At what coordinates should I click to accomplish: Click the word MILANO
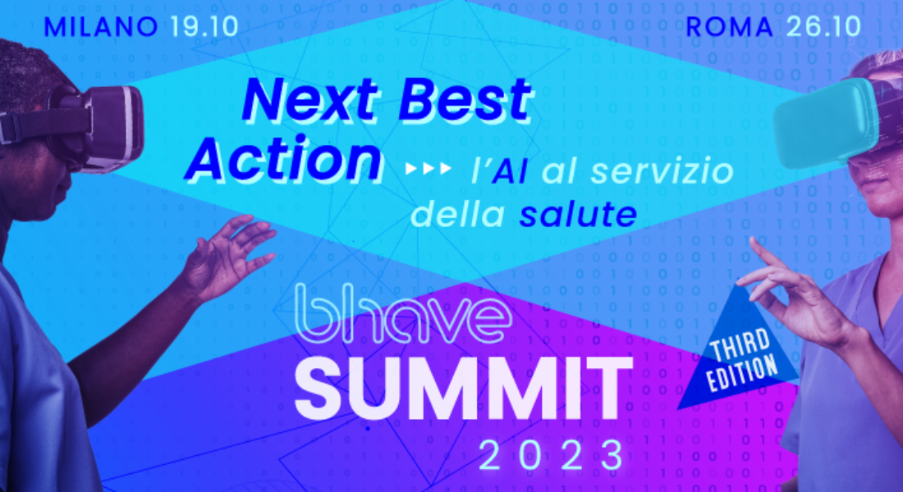click(101, 27)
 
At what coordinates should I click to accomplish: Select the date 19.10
click(204, 27)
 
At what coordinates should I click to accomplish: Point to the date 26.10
click(823, 27)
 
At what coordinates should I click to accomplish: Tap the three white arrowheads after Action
click(428, 168)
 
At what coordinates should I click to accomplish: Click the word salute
click(578, 214)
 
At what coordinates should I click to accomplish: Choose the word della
click(458, 214)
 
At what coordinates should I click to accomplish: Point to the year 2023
click(552, 455)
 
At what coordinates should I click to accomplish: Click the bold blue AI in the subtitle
click(509, 172)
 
